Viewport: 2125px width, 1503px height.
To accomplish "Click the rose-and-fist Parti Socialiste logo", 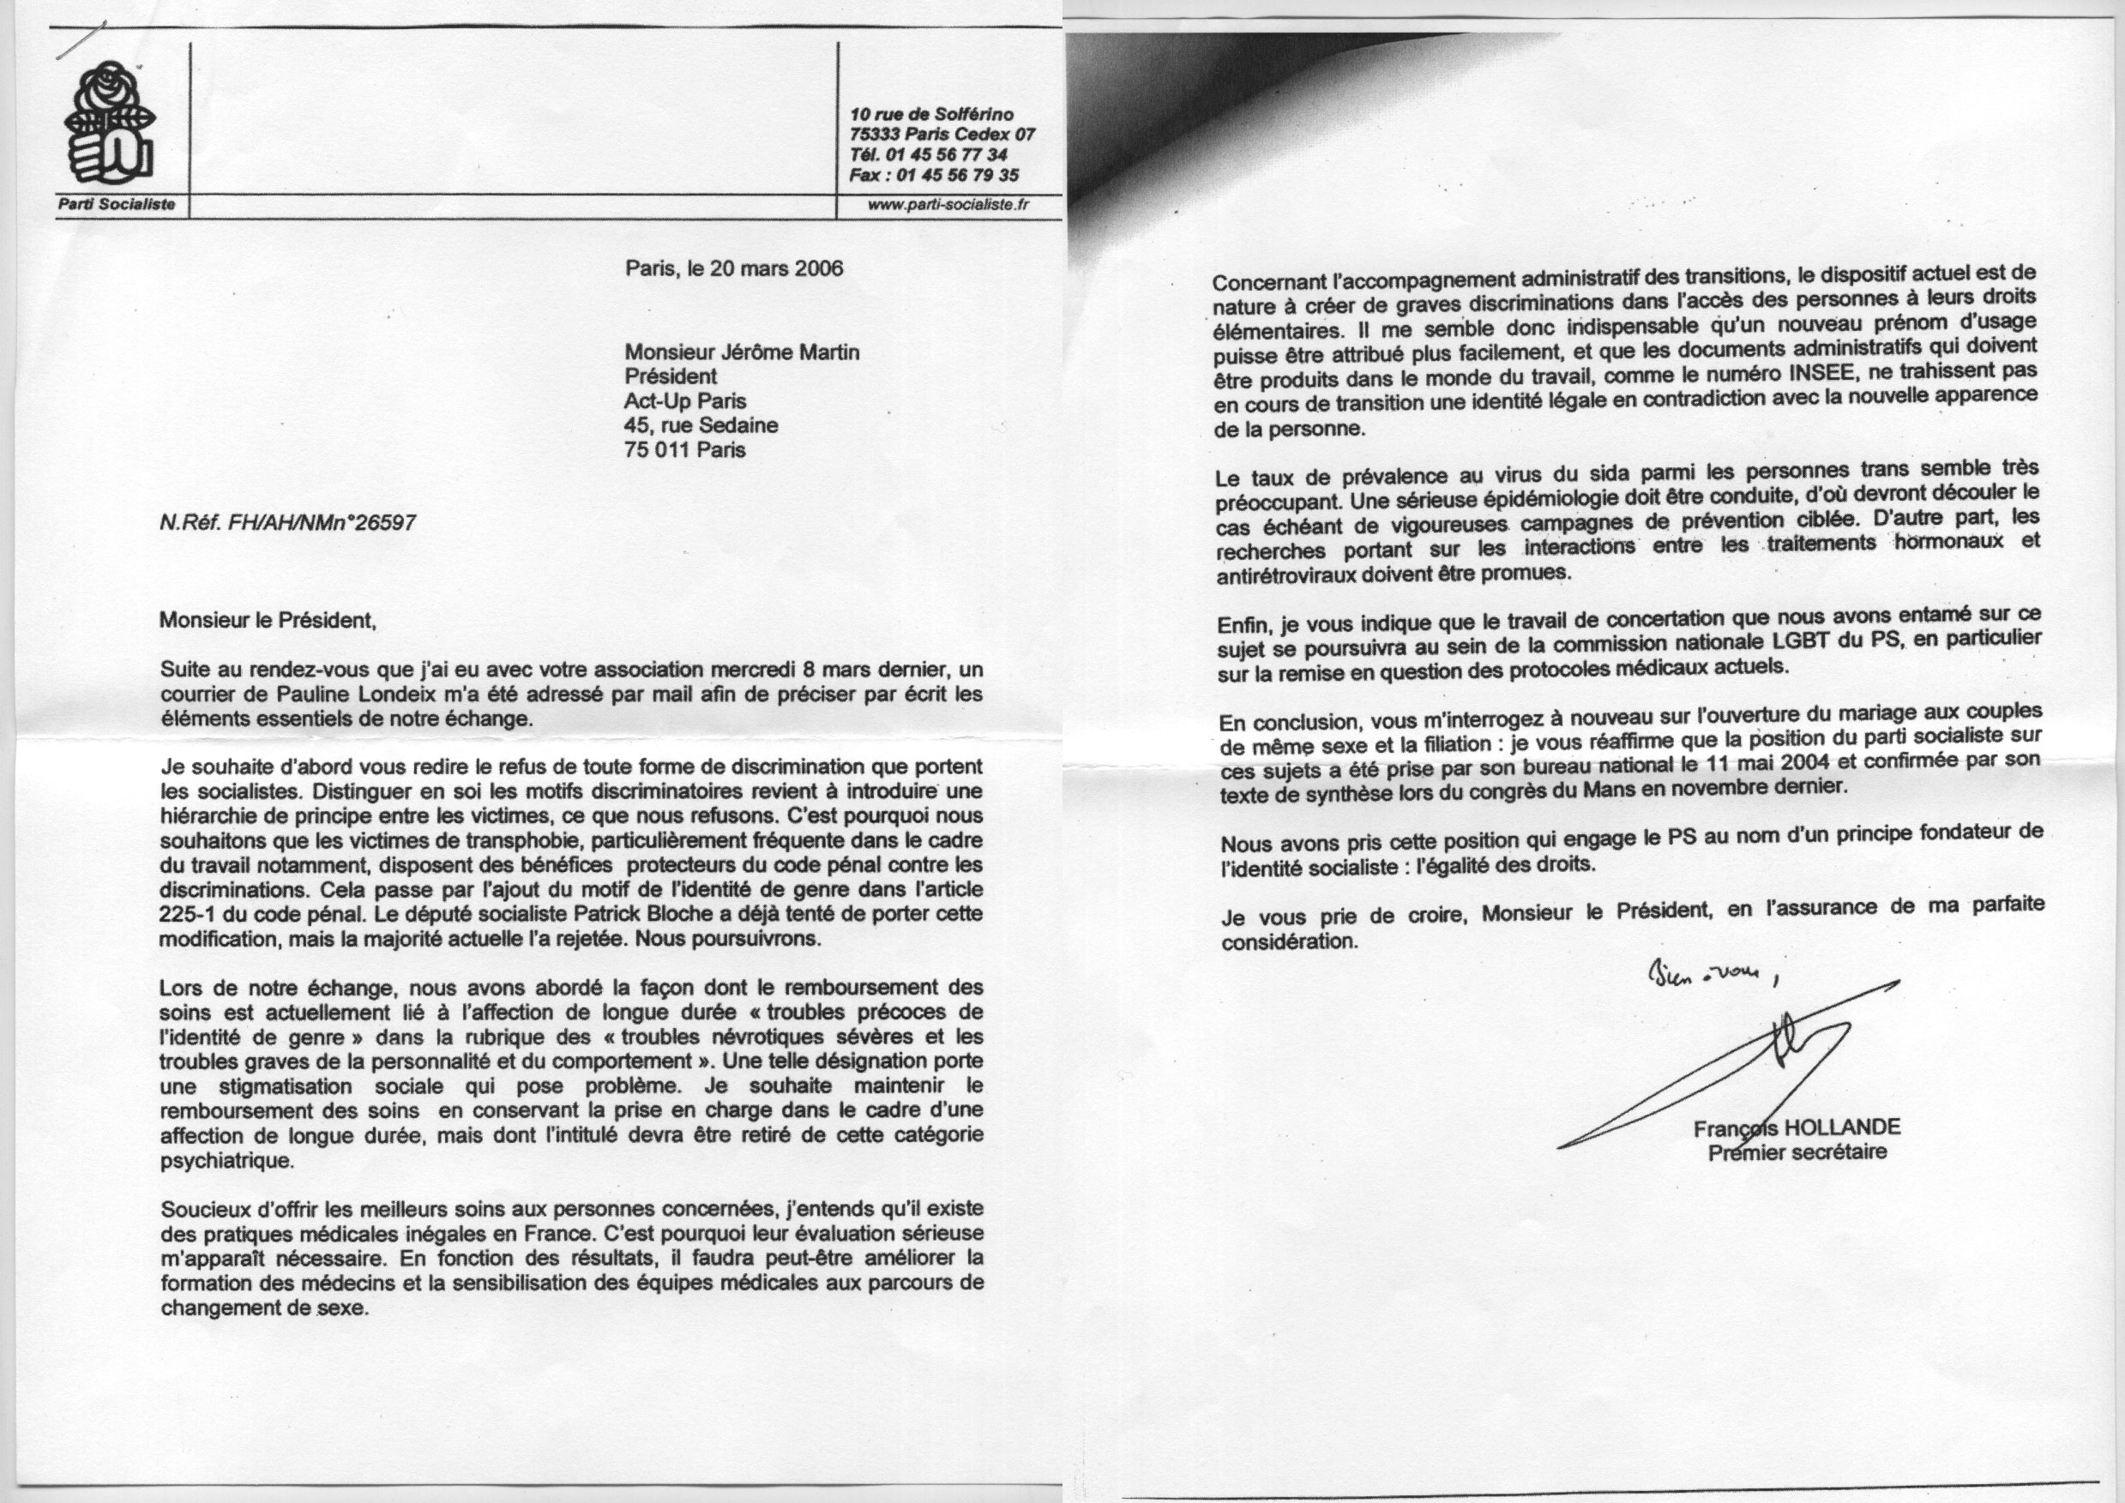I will (x=109, y=125).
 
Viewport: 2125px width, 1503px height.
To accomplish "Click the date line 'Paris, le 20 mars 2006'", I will (x=734, y=268).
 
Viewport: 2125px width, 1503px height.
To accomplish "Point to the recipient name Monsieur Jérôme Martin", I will (x=743, y=352).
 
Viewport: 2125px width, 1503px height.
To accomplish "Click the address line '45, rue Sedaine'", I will (x=701, y=426).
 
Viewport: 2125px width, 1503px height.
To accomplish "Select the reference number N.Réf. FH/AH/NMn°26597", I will (x=287, y=523).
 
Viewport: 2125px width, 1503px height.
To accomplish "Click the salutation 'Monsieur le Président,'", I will (x=268, y=620).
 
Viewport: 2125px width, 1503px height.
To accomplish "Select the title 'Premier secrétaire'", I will (x=1797, y=1153).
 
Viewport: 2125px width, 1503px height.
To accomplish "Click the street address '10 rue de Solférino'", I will (x=932, y=115).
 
